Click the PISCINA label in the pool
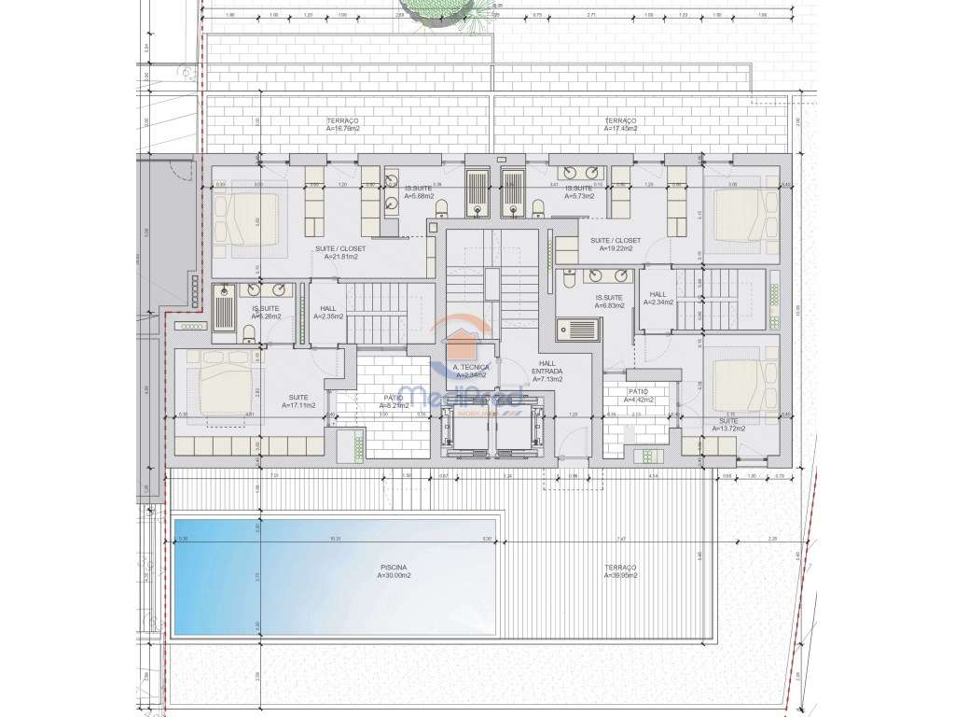393,567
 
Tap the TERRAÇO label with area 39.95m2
620,568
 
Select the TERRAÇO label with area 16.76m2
343,121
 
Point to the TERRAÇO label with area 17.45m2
620,121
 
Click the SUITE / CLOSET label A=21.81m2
340,249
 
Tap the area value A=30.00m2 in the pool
393,576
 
